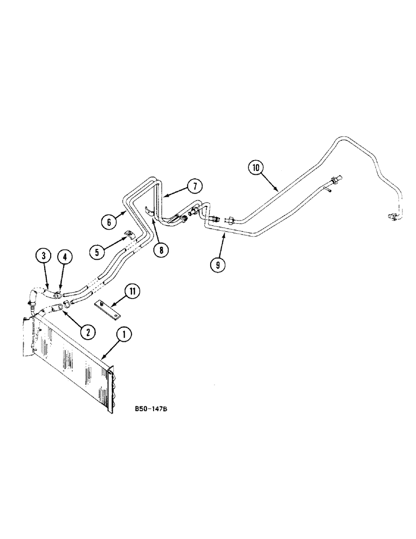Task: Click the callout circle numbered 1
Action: (x=124, y=335)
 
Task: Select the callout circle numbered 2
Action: (x=86, y=331)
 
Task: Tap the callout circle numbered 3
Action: (x=44, y=255)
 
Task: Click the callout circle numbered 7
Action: (x=195, y=186)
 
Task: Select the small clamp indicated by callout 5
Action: (x=129, y=235)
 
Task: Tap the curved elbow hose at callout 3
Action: (x=33, y=296)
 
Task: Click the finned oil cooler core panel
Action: (x=70, y=361)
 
